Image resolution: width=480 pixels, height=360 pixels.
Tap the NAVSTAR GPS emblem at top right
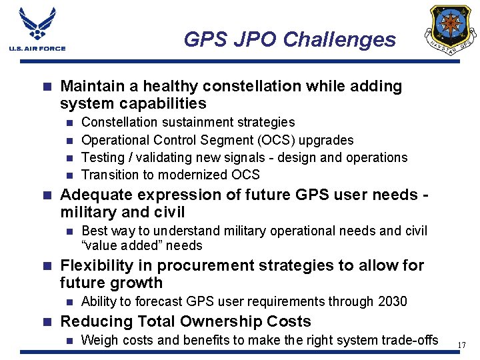(x=453, y=29)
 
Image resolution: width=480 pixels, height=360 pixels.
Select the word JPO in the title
(x=252, y=40)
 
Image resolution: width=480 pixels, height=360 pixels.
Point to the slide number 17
(x=461, y=345)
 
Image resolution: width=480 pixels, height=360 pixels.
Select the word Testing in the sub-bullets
(x=103, y=157)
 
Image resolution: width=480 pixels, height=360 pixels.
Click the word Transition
(x=109, y=175)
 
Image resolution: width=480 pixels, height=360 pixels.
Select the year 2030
(x=392, y=301)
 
